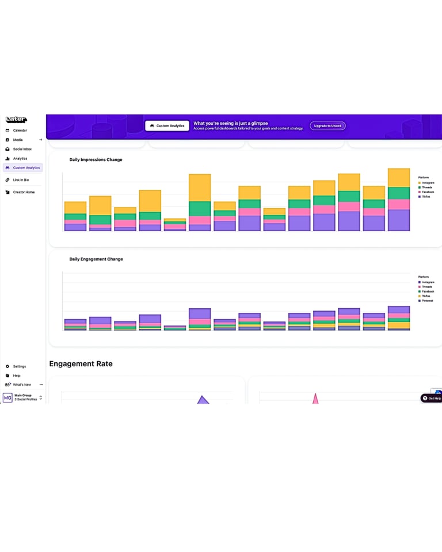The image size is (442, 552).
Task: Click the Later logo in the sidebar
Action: (x=16, y=120)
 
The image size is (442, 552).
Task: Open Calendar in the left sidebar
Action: (x=20, y=131)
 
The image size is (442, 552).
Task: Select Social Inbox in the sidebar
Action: (x=22, y=149)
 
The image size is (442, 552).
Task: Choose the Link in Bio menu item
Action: (x=21, y=180)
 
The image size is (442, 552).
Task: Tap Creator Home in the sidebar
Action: (x=24, y=192)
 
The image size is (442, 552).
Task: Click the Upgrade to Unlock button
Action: (x=327, y=125)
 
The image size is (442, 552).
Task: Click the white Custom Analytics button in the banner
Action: (x=167, y=125)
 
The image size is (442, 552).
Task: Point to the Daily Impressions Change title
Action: (x=96, y=160)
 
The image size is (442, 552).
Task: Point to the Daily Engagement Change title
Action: (x=96, y=259)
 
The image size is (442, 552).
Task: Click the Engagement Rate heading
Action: (x=81, y=364)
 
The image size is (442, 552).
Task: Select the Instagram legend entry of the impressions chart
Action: (x=427, y=183)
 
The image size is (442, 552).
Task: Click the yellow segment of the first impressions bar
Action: (x=75, y=208)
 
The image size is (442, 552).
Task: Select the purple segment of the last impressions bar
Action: (x=399, y=220)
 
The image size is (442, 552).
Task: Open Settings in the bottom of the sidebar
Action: (x=19, y=366)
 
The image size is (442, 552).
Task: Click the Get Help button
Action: (x=432, y=398)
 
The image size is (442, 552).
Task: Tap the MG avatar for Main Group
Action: (x=7, y=397)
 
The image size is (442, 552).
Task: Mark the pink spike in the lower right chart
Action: (x=315, y=398)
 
